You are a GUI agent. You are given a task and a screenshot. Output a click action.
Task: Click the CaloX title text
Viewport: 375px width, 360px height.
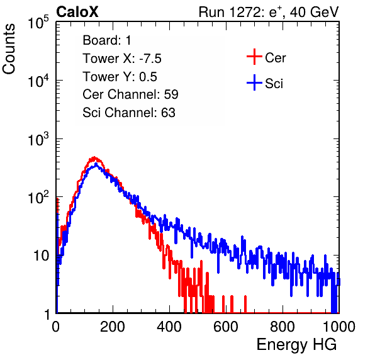(x=77, y=12)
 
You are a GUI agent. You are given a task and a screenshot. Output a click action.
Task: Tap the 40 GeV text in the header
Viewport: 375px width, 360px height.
(x=314, y=12)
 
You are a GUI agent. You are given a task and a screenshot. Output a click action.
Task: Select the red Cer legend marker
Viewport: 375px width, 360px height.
(x=254, y=57)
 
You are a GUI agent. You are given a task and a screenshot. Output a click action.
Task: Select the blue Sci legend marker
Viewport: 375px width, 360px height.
(x=254, y=82)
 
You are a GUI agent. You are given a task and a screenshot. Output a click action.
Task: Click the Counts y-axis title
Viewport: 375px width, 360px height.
(x=9, y=49)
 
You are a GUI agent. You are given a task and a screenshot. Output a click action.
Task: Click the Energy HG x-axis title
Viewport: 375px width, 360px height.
(x=296, y=344)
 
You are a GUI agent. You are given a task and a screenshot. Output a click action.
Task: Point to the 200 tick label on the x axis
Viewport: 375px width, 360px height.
(x=113, y=327)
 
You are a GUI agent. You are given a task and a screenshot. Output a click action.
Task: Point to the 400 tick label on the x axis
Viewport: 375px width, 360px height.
(x=169, y=327)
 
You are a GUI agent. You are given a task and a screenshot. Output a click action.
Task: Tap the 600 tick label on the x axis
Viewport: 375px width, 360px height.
(x=226, y=327)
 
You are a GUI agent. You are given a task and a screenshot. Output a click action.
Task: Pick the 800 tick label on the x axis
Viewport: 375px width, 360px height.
(x=283, y=327)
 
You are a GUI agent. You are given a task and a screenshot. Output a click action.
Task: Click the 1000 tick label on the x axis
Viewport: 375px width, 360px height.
(x=339, y=327)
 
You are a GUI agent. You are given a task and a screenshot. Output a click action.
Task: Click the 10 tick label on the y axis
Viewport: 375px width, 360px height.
(x=41, y=256)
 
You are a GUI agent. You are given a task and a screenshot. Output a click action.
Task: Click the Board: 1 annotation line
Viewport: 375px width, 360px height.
(x=107, y=40)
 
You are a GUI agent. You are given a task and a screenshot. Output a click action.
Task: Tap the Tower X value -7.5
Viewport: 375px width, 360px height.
(x=150, y=59)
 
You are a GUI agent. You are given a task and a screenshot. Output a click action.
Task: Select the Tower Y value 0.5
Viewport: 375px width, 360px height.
(x=148, y=77)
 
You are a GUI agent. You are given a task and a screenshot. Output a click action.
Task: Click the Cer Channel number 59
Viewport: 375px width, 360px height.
(x=171, y=94)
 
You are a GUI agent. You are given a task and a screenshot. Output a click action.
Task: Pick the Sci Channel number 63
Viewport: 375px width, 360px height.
(x=168, y=113)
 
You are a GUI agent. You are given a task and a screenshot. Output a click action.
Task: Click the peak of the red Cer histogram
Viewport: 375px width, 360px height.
(x=94, y=157)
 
